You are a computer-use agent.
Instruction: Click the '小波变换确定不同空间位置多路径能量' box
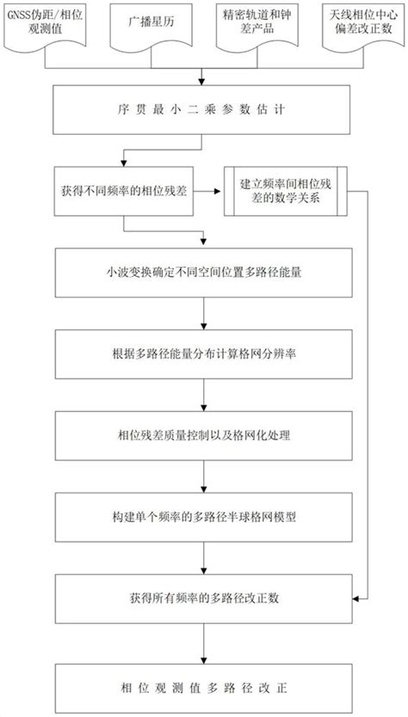204,278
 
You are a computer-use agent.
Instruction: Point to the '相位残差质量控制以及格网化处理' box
204,437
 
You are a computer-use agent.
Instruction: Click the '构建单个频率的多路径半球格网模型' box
204,517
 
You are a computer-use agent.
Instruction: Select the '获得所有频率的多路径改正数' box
204,597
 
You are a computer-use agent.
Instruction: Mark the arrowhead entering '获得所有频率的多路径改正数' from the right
360,597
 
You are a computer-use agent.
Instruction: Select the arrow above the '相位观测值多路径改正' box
204,643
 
